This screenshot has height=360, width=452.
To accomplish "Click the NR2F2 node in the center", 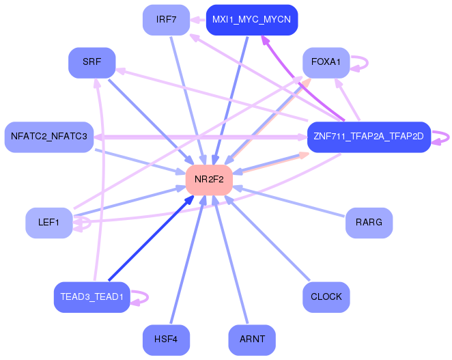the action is click(209, 180).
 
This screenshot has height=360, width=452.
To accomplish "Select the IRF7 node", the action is click(167, 20).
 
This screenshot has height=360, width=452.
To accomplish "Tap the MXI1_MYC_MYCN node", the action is click(252, 20).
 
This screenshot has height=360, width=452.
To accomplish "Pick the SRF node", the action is click(92, 63).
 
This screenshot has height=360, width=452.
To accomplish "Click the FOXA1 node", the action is click(326, 63).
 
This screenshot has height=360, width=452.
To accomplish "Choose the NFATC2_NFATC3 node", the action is click(49, 137).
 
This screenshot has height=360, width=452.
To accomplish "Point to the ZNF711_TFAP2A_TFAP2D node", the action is click(369, 137).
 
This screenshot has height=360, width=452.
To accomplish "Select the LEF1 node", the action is click(49, 223).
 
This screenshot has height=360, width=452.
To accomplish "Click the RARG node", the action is click(369, 223).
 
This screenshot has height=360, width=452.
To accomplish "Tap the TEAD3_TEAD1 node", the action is click(92, 297).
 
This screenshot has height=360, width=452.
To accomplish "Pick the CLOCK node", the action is click(326, 297).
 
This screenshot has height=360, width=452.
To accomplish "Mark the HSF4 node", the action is click(167, 340).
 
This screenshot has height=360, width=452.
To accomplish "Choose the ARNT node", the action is click(252, 340).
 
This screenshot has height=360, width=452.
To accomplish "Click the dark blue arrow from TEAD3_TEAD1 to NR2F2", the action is click(151, 238).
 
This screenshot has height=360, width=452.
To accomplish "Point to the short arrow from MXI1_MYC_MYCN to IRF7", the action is click(198, 20).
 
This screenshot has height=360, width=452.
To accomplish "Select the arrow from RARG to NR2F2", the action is click(288, 202).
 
